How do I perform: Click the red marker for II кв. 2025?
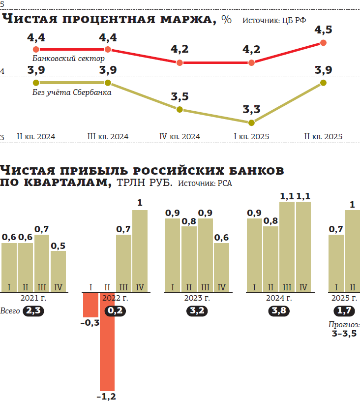click(x=323, y=43)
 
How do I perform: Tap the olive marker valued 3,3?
click(x=251, y=123)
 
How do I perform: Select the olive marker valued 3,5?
click(x=180, y=110)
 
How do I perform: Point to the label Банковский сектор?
click(x=68, y=59)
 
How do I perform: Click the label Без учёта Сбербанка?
click(x=72, y=92)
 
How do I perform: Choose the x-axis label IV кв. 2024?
click(x=180, y=137)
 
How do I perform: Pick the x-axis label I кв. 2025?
click(x=251, y=137)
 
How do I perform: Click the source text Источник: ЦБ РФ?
click(x=274, y=21)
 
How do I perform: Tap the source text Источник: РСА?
click(x=205, y=184)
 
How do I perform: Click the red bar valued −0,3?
click(x=91, y=305)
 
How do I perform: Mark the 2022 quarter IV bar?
click(x=140, y=251)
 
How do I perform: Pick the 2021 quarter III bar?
click(x=42, y=263)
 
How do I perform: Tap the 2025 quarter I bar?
click(x=336, y=263)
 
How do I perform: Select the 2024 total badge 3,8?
click(x=279, y=311)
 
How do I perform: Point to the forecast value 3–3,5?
click(x=344, y=334)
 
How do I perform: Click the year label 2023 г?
click(x=197, y=298)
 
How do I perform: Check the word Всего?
click(x=10, y=311)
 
